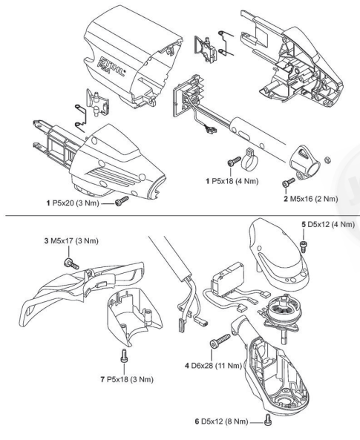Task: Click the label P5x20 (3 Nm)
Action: pos(73,203)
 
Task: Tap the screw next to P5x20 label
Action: pos(122,201)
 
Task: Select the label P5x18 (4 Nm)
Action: pos(232,181)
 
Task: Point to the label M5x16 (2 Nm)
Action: pos(310,199)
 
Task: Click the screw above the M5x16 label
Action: pos(288,182)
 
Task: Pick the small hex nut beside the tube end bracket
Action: pos(327,160)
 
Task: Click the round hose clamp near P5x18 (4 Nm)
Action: pos(249,160)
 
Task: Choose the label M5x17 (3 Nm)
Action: pos(71,240)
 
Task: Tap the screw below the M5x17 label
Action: pos(72,263)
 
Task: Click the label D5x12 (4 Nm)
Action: pos(328,224)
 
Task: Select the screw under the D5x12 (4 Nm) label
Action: pos(304,246)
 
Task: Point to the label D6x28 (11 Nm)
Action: pos(213,366)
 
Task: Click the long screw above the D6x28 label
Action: pos(220,340)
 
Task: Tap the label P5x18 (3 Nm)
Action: pos(127,380)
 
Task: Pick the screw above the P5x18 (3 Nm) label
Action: pos(124,356)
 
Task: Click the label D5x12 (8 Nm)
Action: pos(221,421)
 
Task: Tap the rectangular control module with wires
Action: pos(228,280)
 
